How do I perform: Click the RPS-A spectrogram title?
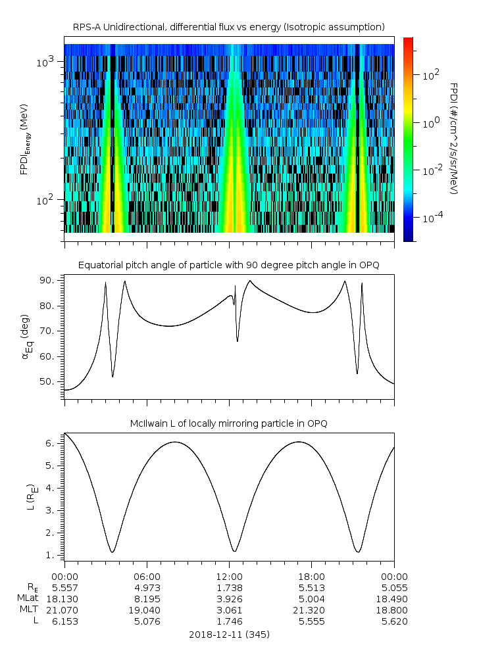click(x=228, y=27)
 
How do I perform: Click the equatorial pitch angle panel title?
click(x=228, y=265)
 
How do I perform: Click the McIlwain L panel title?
click(x=228, y=423)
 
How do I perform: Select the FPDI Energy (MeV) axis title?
click(x=25, y=138)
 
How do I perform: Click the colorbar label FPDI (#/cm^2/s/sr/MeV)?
click(x=453, y=138)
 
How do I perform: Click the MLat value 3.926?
click(x=229, y=598)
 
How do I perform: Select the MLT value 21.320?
click(x=311, y=610)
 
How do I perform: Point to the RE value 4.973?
click(x=147, y=587)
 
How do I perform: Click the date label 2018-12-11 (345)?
click(x=229, y=634)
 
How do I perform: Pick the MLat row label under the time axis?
click(x=28, y=598)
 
